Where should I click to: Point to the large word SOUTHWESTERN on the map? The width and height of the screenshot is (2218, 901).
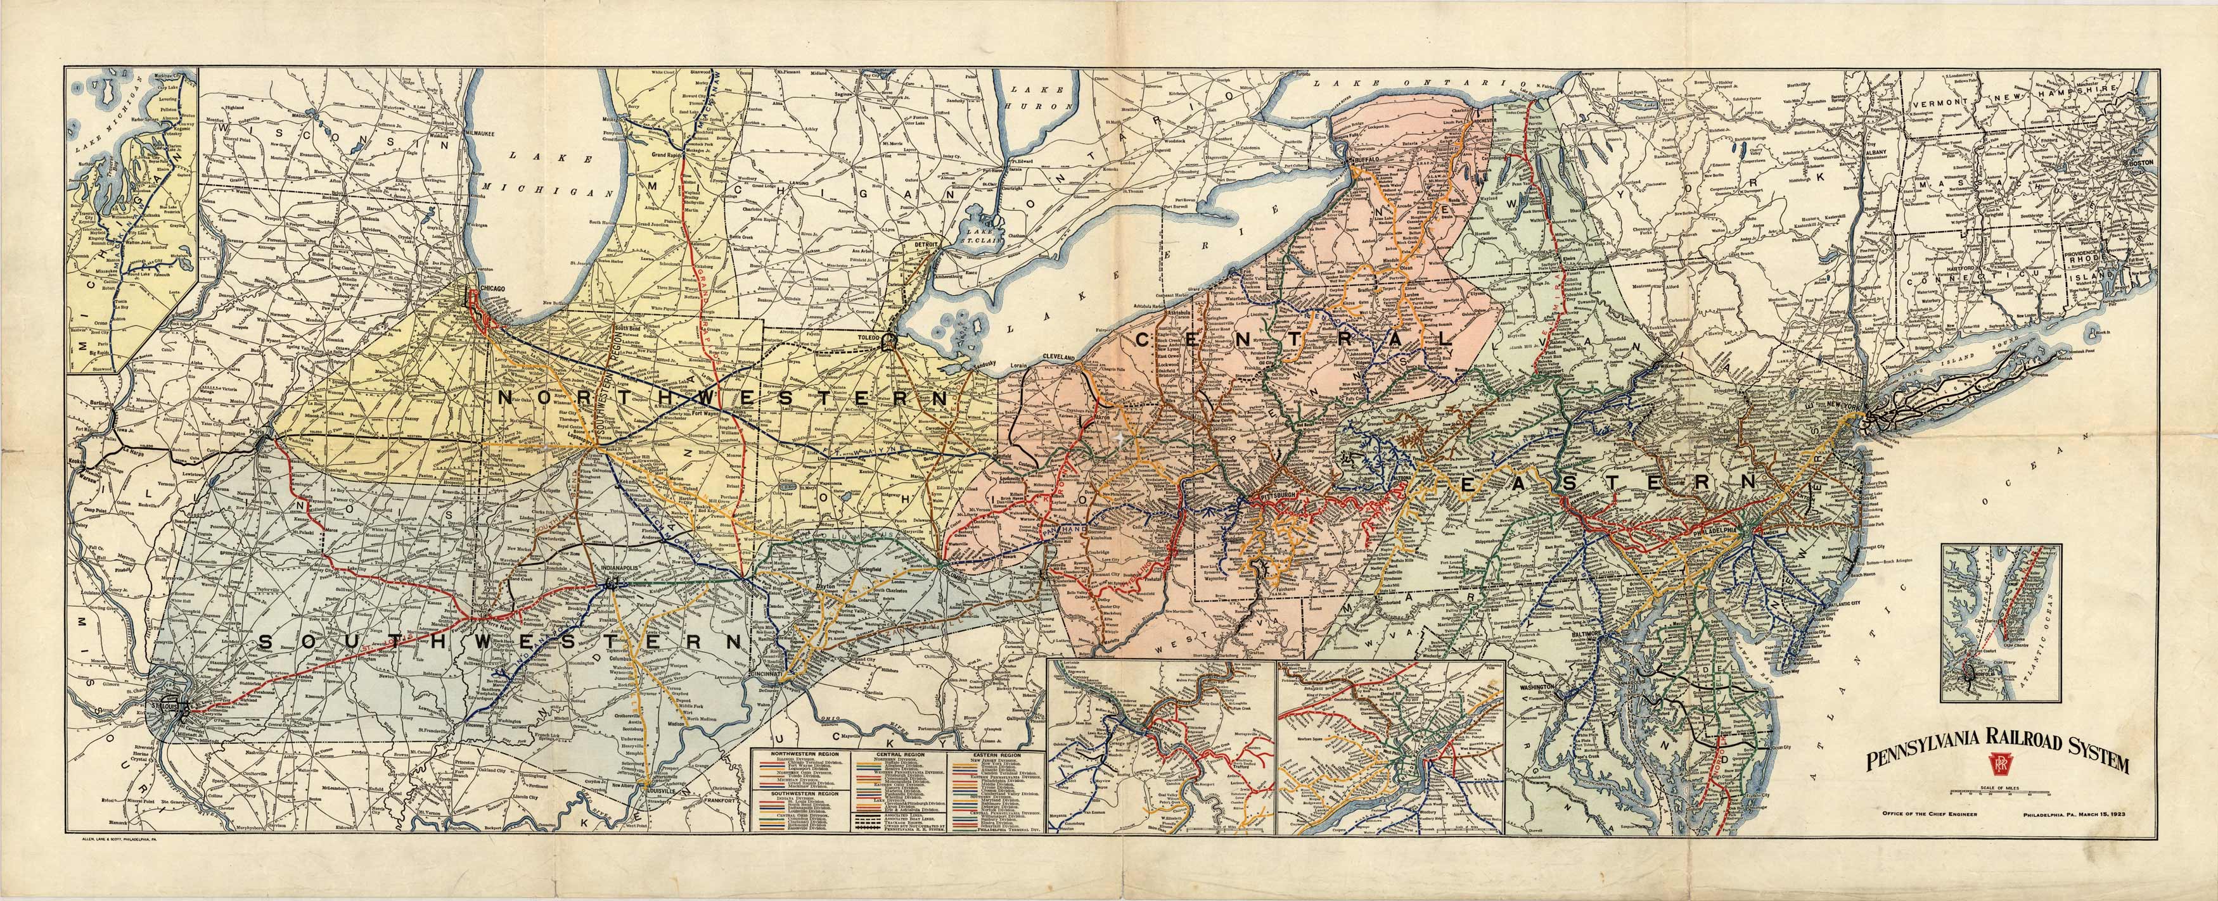[x=499, y=642]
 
